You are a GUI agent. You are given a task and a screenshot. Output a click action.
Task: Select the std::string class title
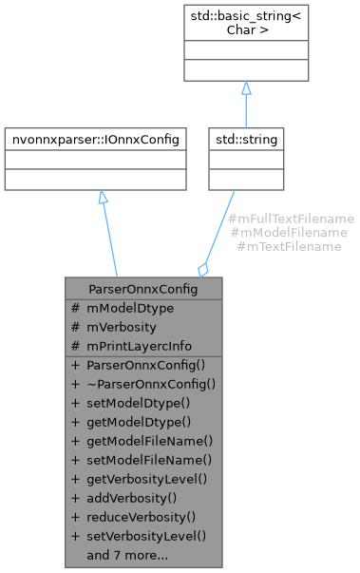[x=245, y=140]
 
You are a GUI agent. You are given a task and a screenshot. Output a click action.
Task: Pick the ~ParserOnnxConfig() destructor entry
[x=142, y=384]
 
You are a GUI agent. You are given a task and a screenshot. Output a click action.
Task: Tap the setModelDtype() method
[x=132, y=403]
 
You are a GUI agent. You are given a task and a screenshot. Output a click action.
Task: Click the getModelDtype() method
[x=132, y=422]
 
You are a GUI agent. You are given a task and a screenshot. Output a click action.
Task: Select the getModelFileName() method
[x=142, y=441]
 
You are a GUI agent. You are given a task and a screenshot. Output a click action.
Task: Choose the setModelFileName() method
[x=142, y=460]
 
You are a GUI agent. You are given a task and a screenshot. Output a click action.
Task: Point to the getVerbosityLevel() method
[x=141, y=479]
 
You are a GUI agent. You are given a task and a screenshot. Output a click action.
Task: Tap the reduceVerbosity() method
[x=134, y=517]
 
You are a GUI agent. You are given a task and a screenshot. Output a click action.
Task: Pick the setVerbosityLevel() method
[x=140, y=536]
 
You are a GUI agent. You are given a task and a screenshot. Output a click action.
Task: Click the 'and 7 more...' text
[x=126, y=555]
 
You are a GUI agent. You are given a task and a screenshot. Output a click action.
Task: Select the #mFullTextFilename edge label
[x=292, y=219]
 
